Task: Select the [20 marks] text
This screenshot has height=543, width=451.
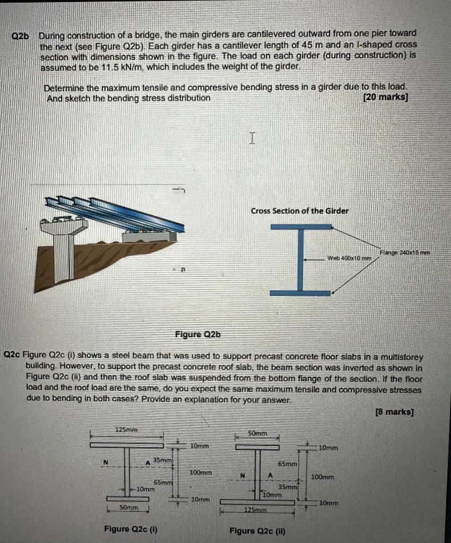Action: [x=385, y=98]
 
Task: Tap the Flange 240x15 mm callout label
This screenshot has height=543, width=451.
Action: [x=405, y=252]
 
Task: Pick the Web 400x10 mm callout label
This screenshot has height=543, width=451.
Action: [x=351, y=258]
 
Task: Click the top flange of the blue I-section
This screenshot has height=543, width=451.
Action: [x=300, y=227]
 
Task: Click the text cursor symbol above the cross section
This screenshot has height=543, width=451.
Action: [x=253, y=139]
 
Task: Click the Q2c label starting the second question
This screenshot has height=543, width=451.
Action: [x=12, y=355]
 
